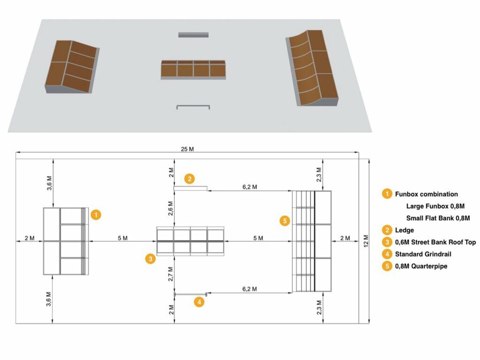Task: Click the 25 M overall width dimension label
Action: tap(187, 149)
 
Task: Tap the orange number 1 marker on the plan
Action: tap(96, 215)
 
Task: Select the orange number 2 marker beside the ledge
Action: tap(189, 179)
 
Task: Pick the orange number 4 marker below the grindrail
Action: tap(199, 302)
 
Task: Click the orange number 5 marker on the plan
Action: tap(284, 220)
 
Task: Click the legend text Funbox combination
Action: tap(426, 194)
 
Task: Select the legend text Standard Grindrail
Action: tap(426, 255)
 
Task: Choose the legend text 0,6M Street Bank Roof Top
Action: tap(435, 242)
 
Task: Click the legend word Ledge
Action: tap(405, 230)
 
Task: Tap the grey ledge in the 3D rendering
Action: tap(193, 35)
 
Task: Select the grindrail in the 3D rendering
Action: tap(193, 106)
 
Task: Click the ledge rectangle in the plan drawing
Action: tap(190, 188)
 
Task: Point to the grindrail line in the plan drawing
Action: tap(190, 294)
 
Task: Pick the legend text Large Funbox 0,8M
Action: tap(435, 206)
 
